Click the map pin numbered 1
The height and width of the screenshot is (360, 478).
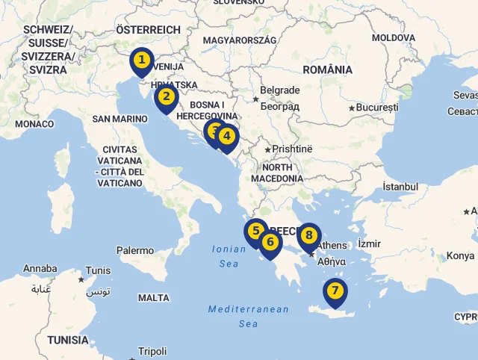[x=141, y=60]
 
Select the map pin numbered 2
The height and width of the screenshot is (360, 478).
[x=166, y=96]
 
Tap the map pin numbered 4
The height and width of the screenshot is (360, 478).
[x=227, y=137]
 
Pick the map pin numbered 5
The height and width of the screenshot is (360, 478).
[x=255, y=232]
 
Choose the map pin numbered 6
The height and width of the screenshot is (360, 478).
[x=270, y=242]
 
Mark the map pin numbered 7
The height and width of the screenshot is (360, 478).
[x=335, y=291]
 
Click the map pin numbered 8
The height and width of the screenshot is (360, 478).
[x=308, y=235]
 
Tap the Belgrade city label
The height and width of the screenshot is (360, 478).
[x=280, y=90]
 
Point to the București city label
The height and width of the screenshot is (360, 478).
[x=377, y=108]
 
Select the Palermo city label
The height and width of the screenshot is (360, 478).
[x=134, y=251]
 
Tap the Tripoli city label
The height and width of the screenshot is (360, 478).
[x=152, y=351]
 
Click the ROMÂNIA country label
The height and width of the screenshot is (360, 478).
[x=328, y=69]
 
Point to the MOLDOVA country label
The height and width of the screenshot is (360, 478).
[x=394, y=37]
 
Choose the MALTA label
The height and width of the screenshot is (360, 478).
[x=154, y=297]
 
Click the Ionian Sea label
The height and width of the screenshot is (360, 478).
[x=225, y=257]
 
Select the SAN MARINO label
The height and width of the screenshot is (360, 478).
[x=119, y=119]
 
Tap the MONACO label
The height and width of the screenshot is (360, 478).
[x=34, y=124]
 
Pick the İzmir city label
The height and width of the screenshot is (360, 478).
[x=369, y=243]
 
